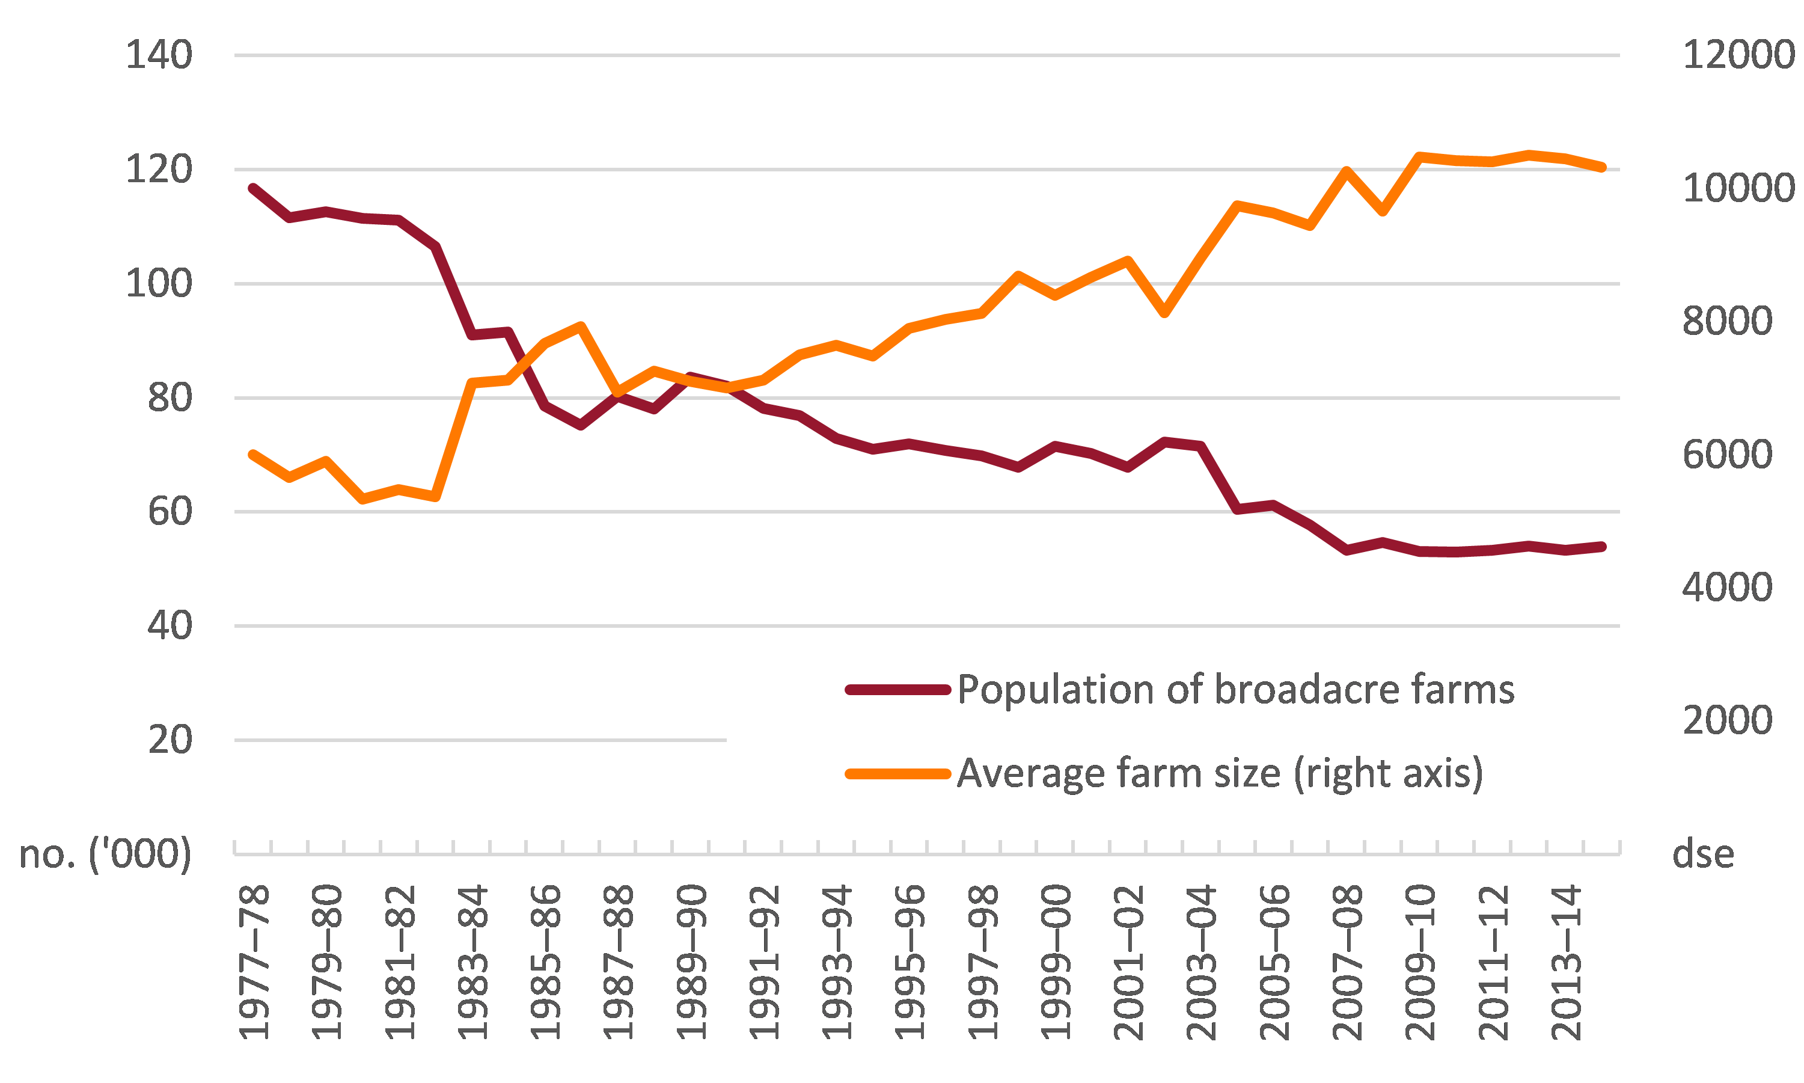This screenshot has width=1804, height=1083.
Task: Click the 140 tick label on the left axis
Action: tap(159, 55)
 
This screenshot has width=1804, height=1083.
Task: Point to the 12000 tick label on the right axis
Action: tap(1738, 55)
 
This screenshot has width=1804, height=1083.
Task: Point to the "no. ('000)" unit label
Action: tap(105, 853)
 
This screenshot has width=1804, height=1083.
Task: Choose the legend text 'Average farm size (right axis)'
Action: tap(1220, 773)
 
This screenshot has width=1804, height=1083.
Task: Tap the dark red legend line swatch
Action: tap(897, 690)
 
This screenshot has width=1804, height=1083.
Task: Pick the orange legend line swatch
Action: tap(897, 773)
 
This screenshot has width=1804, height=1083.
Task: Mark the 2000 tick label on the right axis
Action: tap(1726, 720)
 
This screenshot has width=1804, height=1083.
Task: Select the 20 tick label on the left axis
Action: tap(170, 740)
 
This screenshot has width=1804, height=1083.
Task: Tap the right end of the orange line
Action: tap(1602, 167)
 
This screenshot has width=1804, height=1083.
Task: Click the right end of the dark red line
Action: tap(1602, 547)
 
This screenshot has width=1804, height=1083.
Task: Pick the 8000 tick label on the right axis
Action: tap(1726, 321)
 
